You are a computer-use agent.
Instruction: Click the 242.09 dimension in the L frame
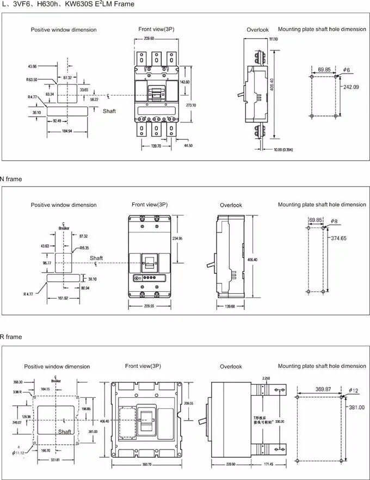pos(350,87)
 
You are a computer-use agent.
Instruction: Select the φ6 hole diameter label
pos(346,70)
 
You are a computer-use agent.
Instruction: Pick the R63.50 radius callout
pos(32,79)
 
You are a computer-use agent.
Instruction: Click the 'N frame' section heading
pos(11,179)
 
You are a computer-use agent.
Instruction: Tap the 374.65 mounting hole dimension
pos(342,238)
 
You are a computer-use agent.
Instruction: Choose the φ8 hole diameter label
pos(334,221)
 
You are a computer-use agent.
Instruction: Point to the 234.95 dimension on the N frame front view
pos(177,238)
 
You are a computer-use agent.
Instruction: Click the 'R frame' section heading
pos(11,337)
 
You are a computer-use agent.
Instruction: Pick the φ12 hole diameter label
pos(353,390)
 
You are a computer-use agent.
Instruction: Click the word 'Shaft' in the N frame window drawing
pos(96,258)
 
